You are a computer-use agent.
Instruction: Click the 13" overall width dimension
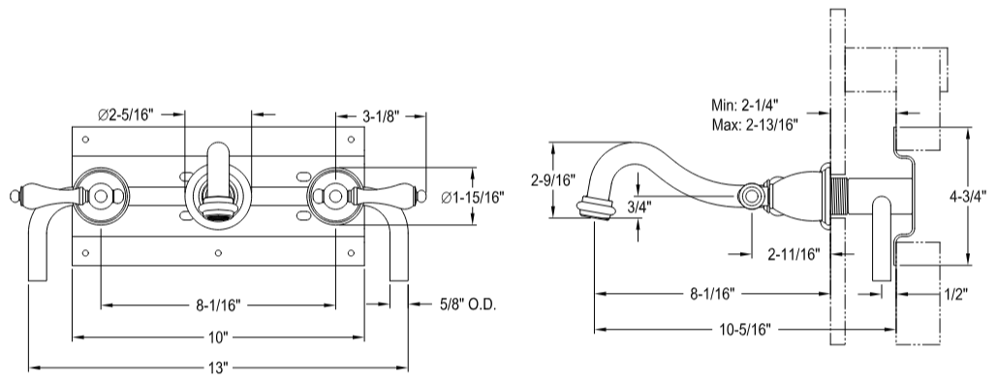coord(219,369)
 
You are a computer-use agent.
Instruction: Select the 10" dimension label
coord(218,337)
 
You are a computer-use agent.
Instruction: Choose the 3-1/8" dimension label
coord(381,115)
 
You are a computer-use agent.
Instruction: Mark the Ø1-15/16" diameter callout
coord(473,198)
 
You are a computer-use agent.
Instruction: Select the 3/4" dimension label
coord(639,206)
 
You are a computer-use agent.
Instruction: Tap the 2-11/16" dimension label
coord(793,254)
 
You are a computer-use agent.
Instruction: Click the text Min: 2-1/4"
coord(747,105)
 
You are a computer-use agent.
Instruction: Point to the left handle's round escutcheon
coord(99,197)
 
